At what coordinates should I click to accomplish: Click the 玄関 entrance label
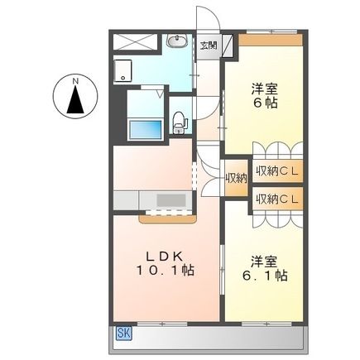coord(208,45)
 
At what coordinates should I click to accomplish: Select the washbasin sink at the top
coord(176,42)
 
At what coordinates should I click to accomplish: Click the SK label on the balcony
coord(123,333)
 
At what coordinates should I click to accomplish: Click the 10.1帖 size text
coord(166,271)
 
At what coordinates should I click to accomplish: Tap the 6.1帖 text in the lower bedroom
coord(265,275)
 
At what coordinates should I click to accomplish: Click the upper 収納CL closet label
coord(276,171)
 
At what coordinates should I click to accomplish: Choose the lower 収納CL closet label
coord(276,199)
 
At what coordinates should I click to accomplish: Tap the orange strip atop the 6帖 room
coord(270,40)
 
